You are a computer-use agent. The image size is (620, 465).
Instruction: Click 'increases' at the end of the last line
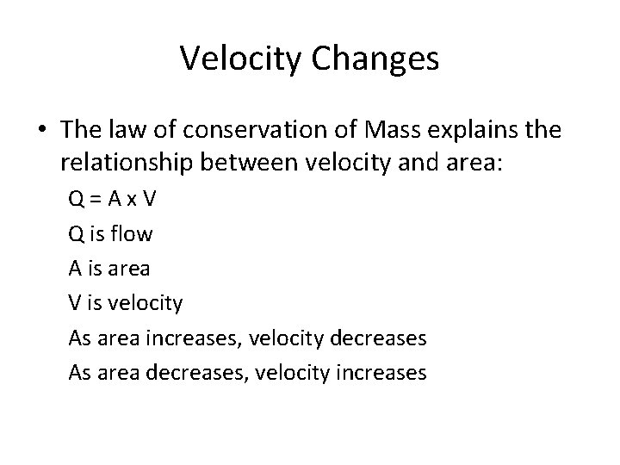384,373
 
